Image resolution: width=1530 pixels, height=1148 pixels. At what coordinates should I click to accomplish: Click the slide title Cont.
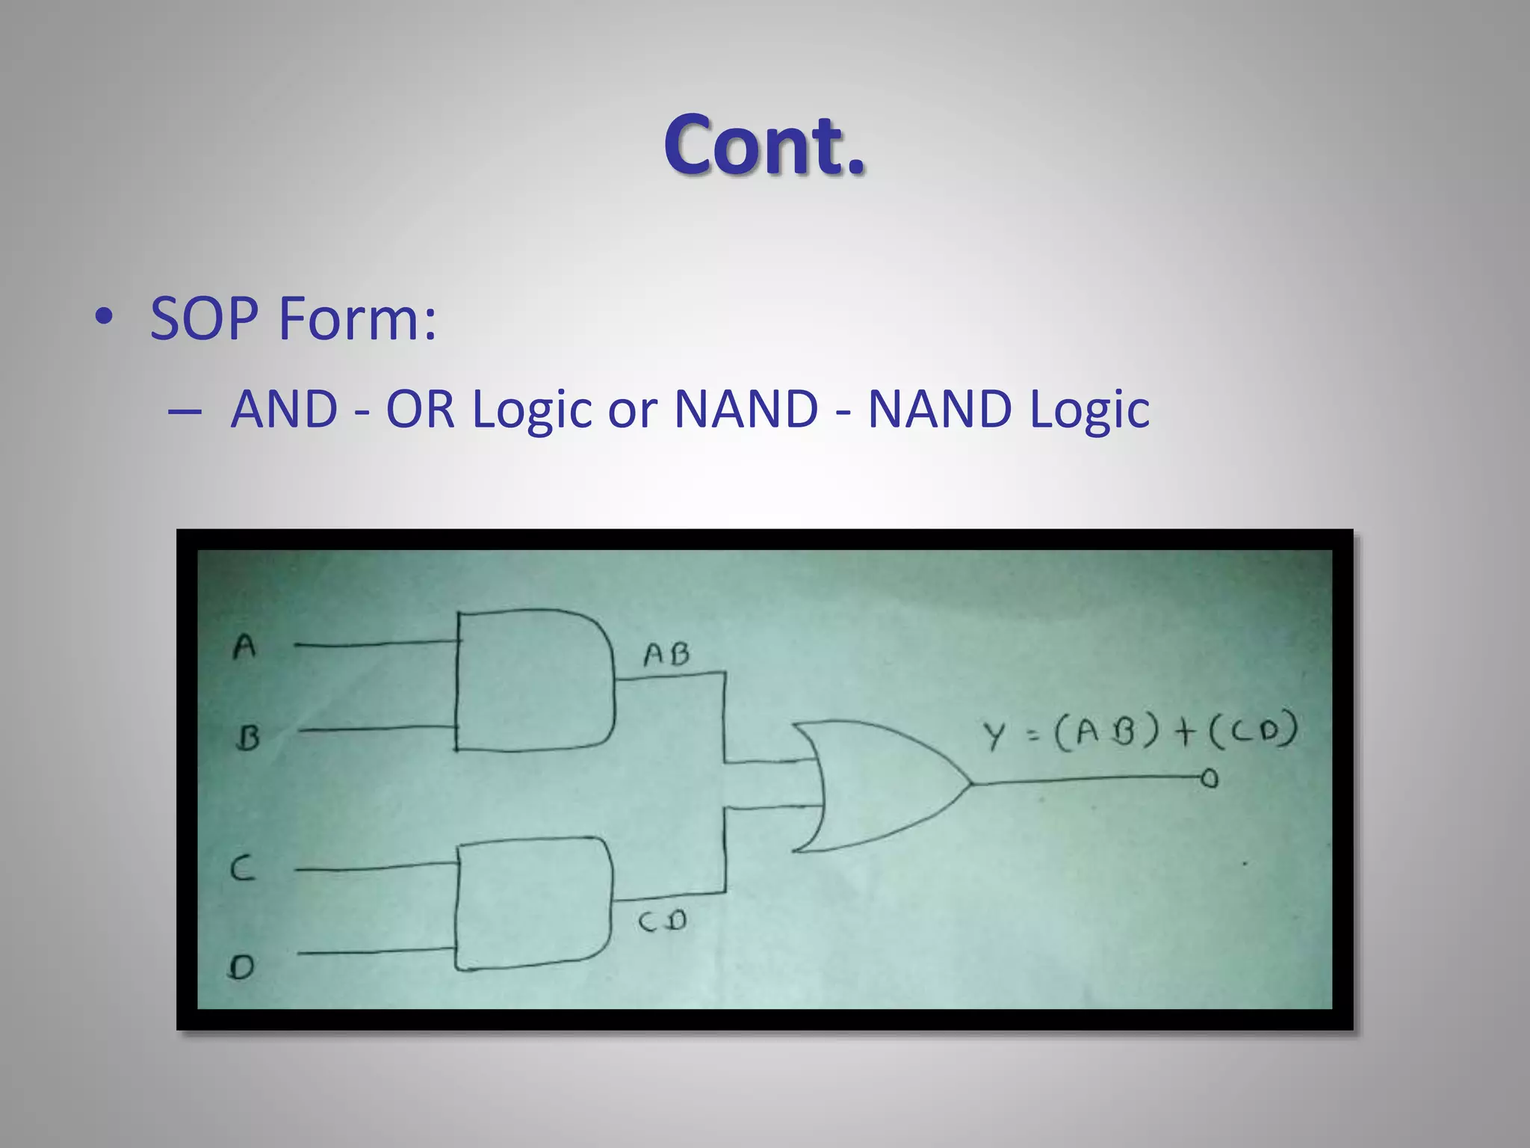pos(764,145)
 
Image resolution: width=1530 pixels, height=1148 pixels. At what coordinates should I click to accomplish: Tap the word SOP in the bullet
pos(204,318)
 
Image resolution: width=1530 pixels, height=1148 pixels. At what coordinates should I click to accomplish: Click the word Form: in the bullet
pos(357,318)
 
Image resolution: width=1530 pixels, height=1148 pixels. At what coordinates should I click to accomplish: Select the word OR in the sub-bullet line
pos(420,410)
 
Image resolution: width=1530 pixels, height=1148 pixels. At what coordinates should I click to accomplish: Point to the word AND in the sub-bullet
pos(285,410)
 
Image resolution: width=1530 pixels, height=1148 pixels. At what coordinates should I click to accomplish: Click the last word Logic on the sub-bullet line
pos(1089,411)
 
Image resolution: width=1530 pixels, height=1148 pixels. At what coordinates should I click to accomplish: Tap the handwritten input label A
pos(244,646)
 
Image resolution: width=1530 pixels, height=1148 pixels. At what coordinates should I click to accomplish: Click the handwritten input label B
pos(247,738)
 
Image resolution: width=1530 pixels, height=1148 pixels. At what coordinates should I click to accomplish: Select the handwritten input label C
pos(242,868)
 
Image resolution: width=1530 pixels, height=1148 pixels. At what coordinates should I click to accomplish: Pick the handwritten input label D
pos(241,968)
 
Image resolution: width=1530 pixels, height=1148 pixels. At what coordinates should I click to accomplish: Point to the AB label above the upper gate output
pos(666,655)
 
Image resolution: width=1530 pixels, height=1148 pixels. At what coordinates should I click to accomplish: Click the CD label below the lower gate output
pos(663,922)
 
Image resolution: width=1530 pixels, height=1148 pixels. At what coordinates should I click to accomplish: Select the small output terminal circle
pos(1210,779)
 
